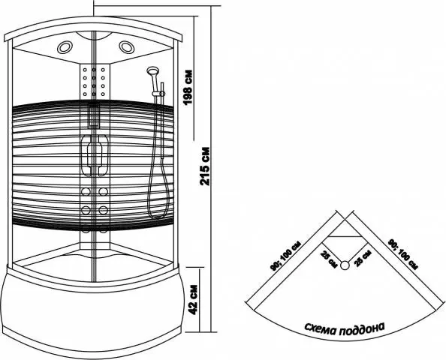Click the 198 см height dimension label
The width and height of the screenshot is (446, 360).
(188, 88)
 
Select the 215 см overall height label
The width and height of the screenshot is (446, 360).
(205, 166)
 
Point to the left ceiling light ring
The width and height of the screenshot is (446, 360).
(65, 47)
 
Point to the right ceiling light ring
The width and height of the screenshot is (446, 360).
(127, 47)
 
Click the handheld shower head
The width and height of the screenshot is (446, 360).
(153, 70)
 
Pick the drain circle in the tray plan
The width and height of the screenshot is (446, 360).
(345, 265)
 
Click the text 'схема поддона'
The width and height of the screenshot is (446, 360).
(345, 328)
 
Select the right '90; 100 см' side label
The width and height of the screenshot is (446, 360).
(403, 254)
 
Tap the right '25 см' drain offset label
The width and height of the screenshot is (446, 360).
(362, 258)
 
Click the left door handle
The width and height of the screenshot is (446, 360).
(86, 154)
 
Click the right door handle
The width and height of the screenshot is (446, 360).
(103, 154)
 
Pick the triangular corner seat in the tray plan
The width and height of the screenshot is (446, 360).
(345, 229)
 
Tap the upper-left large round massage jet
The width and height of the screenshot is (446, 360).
(86, 191)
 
